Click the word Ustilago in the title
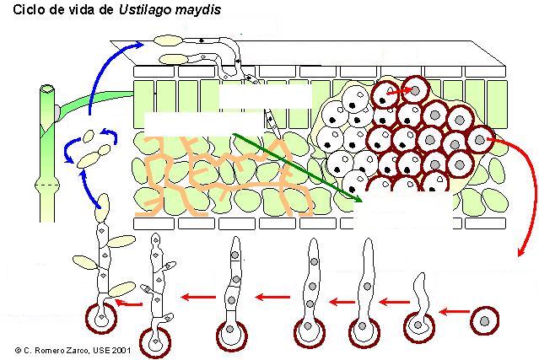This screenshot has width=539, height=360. click(x=145, y=10)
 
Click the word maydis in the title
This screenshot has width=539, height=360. click(x=197, y=10)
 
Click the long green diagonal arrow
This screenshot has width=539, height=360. click(x=298, y=168)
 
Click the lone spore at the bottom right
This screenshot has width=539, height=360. click(x=484, y=321)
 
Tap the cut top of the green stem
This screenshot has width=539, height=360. click(x=47, y=89)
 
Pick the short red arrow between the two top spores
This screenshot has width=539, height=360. click(x=399, y=91)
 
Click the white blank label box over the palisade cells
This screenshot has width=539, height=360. click(x=266, y=97)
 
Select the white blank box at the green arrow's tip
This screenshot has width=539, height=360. click(x=403, y=210)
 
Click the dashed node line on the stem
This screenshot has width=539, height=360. click(x=47, y=185)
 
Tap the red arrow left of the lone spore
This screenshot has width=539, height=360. click(x=455, y=312)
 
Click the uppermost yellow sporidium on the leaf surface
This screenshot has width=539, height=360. click(x=168, y=40)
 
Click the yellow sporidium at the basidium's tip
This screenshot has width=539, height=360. click(x=102, y=208)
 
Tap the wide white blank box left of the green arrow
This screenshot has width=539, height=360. click(x=203, y=124)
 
